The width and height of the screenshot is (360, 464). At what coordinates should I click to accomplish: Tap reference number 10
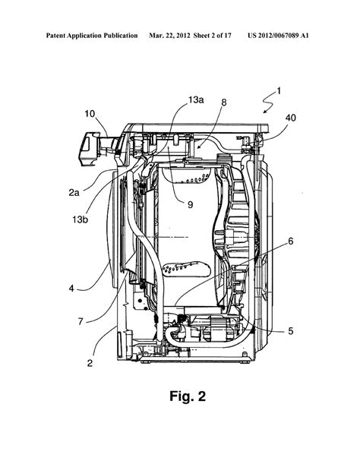click(x=89, y=115)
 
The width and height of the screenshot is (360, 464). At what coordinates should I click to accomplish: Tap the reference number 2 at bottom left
click(x=90, y=363)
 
